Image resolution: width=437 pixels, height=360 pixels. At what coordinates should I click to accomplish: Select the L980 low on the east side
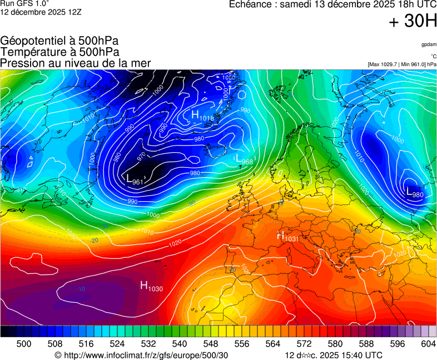pyautogui.click(x=415, y=193)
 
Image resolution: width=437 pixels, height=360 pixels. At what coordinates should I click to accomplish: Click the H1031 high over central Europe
pyautogui.click(x=289, y=237)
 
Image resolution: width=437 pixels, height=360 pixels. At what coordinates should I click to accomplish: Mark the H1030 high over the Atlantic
pyautogui.click(x=151, y=287)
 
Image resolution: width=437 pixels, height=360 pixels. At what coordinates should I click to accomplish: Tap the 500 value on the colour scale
pyautogui.click(x=24, y=344)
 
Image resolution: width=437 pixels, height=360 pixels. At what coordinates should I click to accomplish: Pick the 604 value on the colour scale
pyautogui.click(x=428, y=344)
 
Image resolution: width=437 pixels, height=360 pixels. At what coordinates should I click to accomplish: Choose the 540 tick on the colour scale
pyautogui.click(x=180, y=344)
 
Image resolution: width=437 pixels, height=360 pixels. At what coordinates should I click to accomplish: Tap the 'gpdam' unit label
pyautogui.click(x=428, y=44)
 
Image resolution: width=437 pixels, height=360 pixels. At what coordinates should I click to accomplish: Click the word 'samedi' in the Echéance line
pyautogui.click(x=296, y=4)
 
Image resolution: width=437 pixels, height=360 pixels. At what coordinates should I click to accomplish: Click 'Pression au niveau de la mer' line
pyautogui.click(x=76, y=63)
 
